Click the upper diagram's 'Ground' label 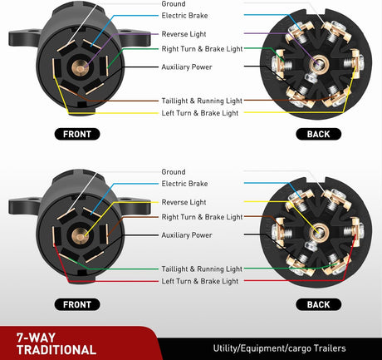(174, 3)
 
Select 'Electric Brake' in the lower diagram (184, 184)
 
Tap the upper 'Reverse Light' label (184, 34)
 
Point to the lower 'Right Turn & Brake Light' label (202, 217)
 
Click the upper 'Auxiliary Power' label (187, 67)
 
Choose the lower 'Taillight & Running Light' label (202, 269)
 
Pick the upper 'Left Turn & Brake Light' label (200, 113)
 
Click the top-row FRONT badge (77, 134)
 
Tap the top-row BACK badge (319, 134)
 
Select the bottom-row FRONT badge (77, 304)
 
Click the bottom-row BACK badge (319, 304)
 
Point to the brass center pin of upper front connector (81, 67)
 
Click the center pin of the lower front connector (81, 236)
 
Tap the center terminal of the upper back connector (319, 65)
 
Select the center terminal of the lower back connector (319, 232)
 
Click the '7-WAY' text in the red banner (36, 338)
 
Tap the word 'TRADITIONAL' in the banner (56, 350)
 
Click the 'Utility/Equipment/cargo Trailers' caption (279, 348)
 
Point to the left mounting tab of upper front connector (24, 37)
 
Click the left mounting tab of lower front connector (24, 205)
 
